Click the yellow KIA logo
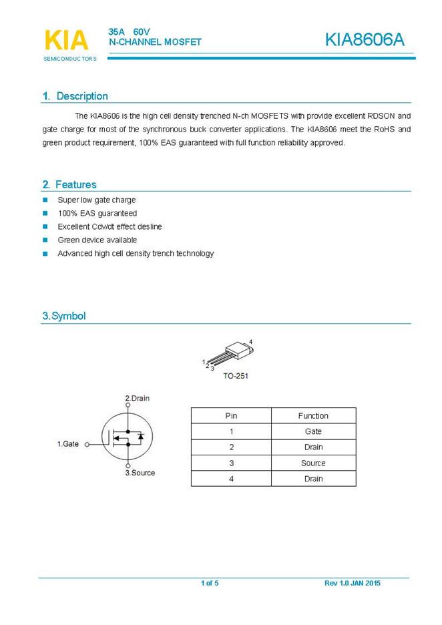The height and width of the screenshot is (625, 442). point(66,40)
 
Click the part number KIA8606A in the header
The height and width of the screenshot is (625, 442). point(365,40)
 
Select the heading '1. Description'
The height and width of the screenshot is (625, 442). point(75,96)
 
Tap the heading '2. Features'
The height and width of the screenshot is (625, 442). point(69,184)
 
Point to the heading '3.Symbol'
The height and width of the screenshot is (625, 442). point(64,316)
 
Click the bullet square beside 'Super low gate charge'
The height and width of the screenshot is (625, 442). point(45,200)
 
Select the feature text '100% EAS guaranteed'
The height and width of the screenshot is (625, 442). point(97,213)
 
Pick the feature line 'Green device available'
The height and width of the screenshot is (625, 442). point(97,240)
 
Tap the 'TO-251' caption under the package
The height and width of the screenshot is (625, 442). point(235,376)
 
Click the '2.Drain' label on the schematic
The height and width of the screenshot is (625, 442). point(138,398)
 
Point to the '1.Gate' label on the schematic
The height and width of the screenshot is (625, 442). point(67,443)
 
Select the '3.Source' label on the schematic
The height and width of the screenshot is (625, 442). point(140,473)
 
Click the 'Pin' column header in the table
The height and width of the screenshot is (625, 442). point(231,416)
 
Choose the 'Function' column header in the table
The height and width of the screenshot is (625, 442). point(313,416)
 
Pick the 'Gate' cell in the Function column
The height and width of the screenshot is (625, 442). point(313,431)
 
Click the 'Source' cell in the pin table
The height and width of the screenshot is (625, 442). point(313,463)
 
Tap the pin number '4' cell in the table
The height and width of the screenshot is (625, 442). point(231,479)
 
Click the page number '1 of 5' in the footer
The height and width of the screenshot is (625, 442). point(210,584)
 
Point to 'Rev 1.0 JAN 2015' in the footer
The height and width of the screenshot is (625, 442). point(353,584)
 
